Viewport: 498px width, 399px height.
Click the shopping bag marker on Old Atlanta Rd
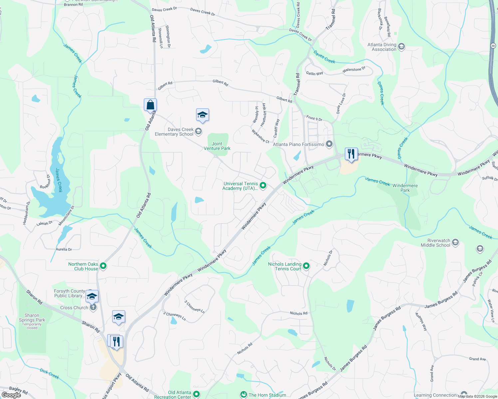150,105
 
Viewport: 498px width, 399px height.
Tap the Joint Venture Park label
217,146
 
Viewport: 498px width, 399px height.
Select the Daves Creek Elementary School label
174,132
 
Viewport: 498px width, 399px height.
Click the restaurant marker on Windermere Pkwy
351,154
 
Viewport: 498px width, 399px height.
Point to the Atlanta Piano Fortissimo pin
329,144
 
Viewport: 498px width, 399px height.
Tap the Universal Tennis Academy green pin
263,186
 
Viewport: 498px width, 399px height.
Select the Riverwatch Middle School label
435,243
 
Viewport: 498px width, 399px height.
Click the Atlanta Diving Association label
382,47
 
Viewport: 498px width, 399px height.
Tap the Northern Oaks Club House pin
103,266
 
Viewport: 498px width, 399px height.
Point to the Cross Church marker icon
93,308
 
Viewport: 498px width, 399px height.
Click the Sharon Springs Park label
32,318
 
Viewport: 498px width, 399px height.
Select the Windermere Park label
405,188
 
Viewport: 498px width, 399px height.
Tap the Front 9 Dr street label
314,118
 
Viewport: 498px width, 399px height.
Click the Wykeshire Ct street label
260,136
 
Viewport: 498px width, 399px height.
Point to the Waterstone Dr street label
354,70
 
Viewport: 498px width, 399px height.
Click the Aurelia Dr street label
64,249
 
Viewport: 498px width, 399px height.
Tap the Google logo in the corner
11,395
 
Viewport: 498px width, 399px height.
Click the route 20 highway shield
493,45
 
